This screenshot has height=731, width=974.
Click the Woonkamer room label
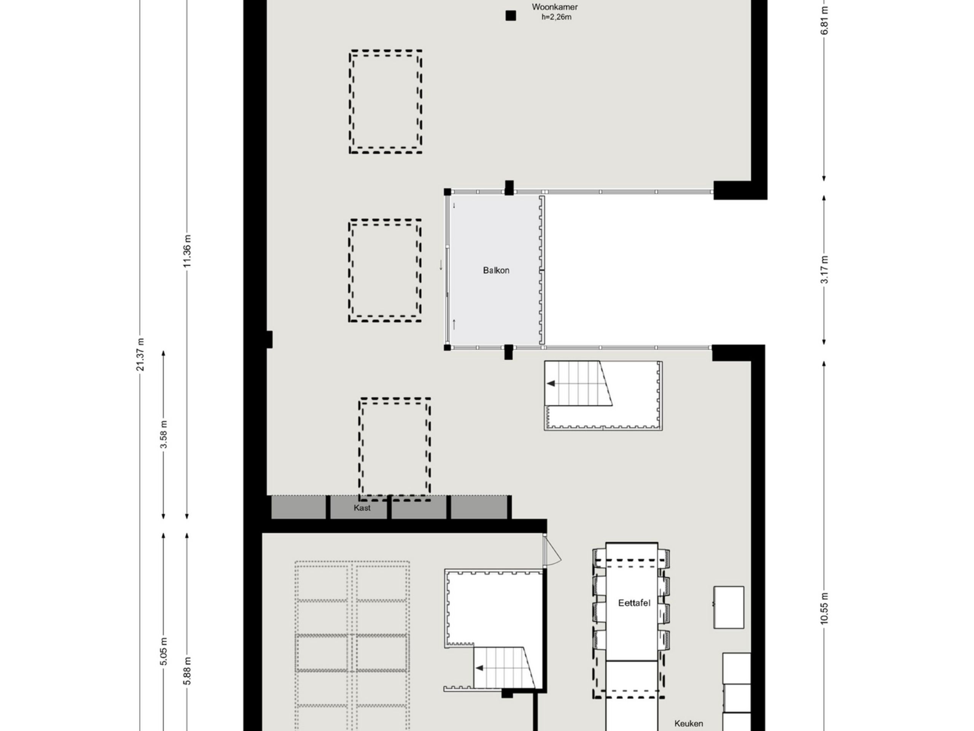coord(555,7)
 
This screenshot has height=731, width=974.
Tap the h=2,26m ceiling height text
coord(557,17)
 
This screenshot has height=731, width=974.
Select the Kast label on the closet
coord(362,508)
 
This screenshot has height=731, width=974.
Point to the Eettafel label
coord(634,603)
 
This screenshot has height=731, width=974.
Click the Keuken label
coord(689,723)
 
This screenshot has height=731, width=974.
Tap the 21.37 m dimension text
coord(140,355)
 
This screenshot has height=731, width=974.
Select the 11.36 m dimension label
coord(188,251)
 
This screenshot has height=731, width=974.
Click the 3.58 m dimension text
coord(164,434)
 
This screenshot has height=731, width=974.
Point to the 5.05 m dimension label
coord(164,652)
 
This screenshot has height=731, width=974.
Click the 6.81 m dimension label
coord(825,20)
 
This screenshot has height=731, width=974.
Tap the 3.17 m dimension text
coord(825,270)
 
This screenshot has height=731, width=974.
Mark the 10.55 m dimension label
coord(825,608)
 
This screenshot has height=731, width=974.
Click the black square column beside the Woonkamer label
coord(510,16)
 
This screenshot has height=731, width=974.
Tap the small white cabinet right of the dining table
coord(729,607)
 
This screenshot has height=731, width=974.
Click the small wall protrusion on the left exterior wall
coord(269,339)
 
